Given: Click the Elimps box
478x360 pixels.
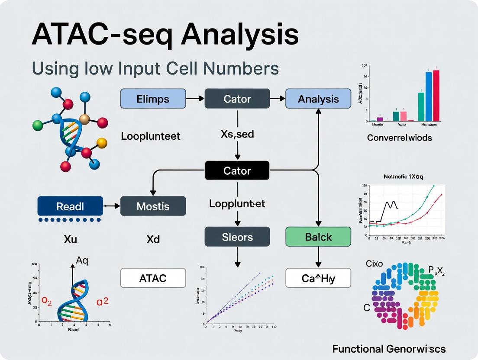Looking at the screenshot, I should click(x=153, y=99).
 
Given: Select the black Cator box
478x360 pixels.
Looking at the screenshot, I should click(x=237, y=170).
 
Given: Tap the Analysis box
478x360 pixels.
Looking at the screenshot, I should click(x=318, y=99).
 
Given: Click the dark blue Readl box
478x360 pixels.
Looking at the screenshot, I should click(x=70, y=206).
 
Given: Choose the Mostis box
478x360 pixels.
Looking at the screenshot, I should click(x=153, y=206).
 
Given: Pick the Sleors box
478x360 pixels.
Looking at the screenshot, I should click(x=237, y=237).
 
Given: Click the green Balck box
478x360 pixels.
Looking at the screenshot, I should click(x=318, y=237).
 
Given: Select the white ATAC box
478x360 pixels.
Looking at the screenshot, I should click(x=153, y=278).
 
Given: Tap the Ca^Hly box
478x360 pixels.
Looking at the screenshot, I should click(x=318, y=278).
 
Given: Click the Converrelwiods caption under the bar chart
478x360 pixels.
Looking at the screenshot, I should click(x=399, y=138).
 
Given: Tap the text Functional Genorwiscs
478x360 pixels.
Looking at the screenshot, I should click(x=389, y=349).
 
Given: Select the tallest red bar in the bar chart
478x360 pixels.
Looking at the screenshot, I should click(x=436, y=96).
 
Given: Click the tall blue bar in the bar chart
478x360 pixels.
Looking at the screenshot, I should click(x=429, y=96).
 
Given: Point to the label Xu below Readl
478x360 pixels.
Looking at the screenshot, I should click(x=70, y=239).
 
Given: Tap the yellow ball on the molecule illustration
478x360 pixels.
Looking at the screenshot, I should click(x=102, y=142).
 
